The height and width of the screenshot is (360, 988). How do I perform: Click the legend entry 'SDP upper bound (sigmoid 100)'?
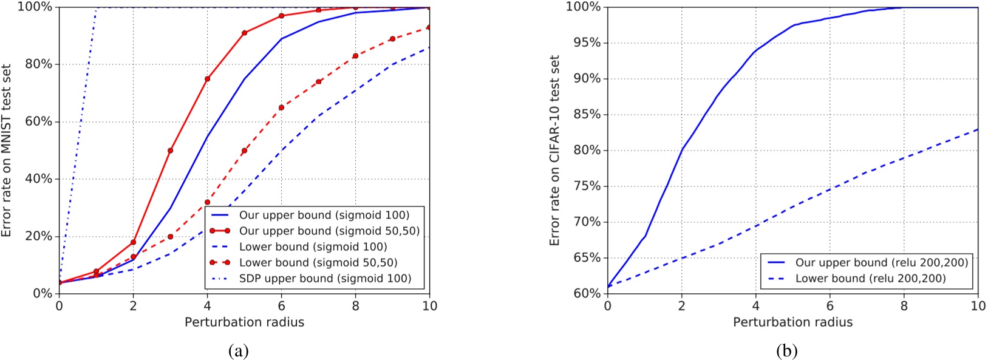[x=325, y=279]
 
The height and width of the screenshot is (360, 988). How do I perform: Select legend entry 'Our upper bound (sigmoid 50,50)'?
[x=329, y=231]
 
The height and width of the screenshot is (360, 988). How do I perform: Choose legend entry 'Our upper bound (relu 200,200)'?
[x=881, y=263]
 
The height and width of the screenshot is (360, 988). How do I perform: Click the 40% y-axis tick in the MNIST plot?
[x=38, y=180]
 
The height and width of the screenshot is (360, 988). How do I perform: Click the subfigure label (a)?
[x=238, y=351]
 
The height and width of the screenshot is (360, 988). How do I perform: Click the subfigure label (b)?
[x=786, y=351]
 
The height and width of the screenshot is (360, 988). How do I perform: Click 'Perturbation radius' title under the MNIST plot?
[x=244, y=322]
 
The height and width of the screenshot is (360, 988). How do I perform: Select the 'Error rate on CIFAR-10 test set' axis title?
[x=554, y=151]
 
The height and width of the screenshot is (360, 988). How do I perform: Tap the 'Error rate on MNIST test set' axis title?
[x=7, y=151]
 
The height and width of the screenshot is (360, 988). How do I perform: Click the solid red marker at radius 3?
[x=170, y=151]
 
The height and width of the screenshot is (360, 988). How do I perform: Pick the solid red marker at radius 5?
[x=244, y=33]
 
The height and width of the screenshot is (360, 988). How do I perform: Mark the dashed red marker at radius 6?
[x=281, y=107]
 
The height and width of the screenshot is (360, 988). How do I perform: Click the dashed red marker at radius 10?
[x=429, y=27]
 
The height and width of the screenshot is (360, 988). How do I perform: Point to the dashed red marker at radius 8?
[x=355, y=56]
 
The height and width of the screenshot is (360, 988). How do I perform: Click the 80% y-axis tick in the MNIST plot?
[x=38, y=65]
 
